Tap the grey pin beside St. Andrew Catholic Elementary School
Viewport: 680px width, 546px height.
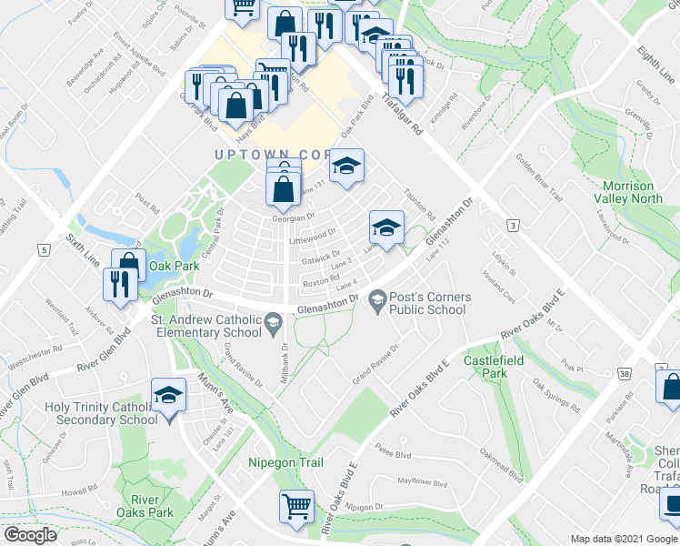(x=272, y=320)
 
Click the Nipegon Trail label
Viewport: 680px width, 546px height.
(x=286, y=462)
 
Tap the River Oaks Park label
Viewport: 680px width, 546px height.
(x=152, y=506)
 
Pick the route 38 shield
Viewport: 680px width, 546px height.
(x=624, y=373)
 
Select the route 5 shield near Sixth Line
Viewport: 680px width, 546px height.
(x=43, y=248)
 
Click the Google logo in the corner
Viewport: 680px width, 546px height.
(x=29, y=535)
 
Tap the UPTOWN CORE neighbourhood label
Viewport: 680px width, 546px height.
(x=273, y=156)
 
